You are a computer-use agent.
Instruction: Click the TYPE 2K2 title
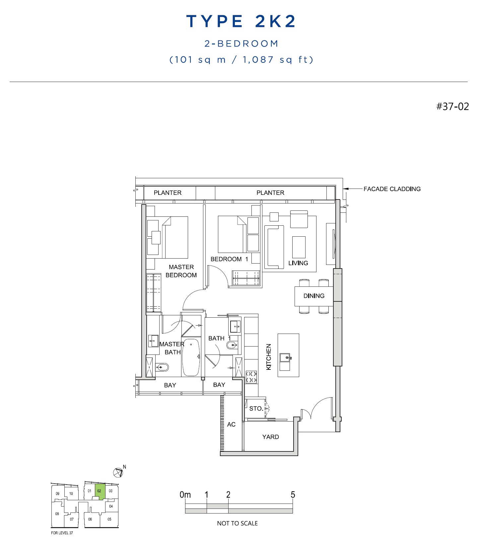point(241,21)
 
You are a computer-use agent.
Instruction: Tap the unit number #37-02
point(452,107)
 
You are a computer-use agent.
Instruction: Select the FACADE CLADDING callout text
point(392,189)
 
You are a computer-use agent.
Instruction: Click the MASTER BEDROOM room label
point(181,271)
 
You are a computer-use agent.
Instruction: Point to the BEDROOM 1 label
point(229,259)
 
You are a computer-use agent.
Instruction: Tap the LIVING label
point(298,263)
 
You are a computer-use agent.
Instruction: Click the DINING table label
point(314,296)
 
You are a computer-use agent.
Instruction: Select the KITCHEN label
point(269,356)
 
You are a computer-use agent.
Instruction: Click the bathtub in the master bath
point(191,357)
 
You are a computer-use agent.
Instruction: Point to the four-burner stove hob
point(251,377)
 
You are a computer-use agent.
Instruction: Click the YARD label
point(270,437)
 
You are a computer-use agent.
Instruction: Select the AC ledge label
point(231,424)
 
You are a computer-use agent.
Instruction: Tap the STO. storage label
point(256,409)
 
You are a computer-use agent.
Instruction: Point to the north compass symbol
point(118,472)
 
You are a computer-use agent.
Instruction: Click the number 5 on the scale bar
point(293,495)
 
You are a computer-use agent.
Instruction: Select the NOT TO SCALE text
point(237,523)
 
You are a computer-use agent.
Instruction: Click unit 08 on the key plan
point(57,514)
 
